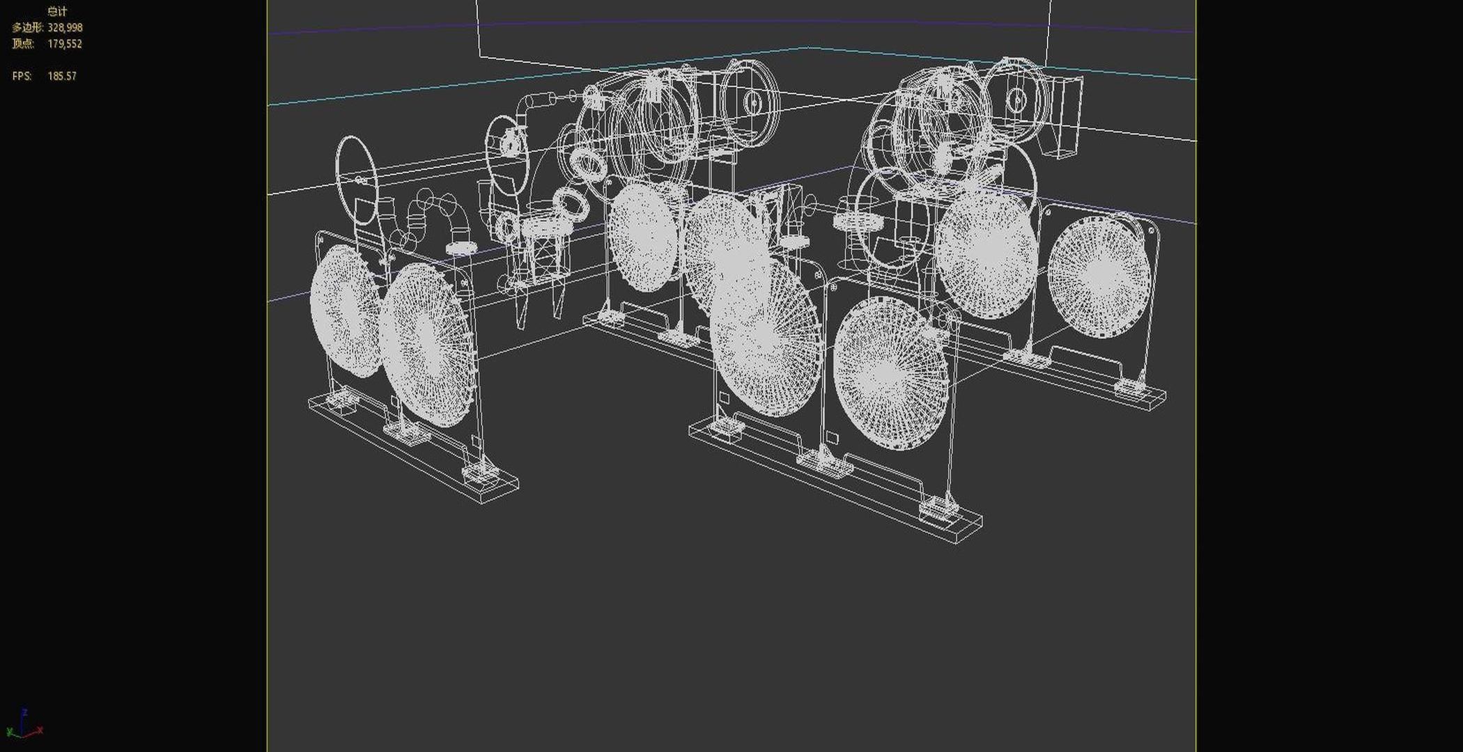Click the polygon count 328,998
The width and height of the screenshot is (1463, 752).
click(x=65, y=28)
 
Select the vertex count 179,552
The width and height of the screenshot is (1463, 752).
click(x=65, y=44)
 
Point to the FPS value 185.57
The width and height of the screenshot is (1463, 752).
click(x=62, y=76)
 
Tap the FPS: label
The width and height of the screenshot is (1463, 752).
click(x=22, y=76)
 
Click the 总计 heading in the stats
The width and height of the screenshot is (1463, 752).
click(x=57, y=12)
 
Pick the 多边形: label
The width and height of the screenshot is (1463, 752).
click(x=27, y=28)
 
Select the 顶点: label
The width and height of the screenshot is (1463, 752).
click(x=22, y=44)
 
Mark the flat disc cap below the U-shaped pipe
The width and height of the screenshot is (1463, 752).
click(x=460, y=248)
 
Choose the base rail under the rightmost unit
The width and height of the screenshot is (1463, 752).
click(x=1087, y=379)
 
